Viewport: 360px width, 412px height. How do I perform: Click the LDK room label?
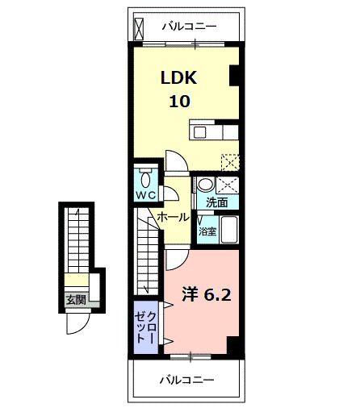[178, 78]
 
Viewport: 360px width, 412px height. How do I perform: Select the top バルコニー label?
[188, 27]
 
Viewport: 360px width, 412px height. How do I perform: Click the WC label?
[144, 195]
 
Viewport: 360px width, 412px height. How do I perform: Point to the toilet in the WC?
[144, 178]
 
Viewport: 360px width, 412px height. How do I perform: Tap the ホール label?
[173, 217]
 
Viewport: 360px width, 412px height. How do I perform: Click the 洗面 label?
[216, 202]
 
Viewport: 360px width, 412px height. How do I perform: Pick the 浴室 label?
[207, 231]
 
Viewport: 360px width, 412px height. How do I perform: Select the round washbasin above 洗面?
[205, 183]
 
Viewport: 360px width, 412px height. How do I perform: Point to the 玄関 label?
[75, 300]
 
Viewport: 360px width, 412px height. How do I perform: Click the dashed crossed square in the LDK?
[231, 161]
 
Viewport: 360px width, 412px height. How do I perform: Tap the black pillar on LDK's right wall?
[235, 75]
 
